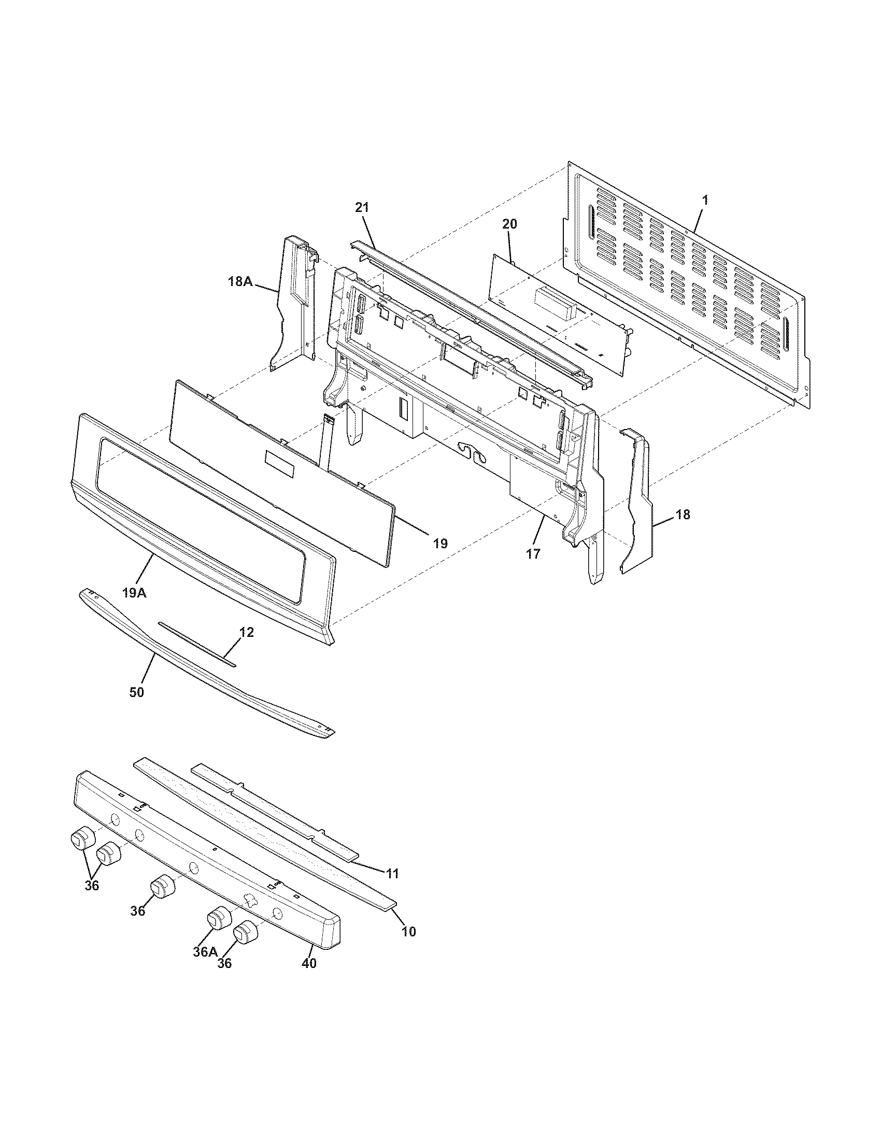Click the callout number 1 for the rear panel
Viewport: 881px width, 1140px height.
tap(705, 200)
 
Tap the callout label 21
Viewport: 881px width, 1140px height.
tap(362, 207)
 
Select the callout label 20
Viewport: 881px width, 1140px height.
tap(509, 224)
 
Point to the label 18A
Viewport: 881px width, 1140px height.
tap(240, 282)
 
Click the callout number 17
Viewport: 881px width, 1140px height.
tap(533, 554)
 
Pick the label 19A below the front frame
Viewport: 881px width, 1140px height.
tap(134, 593)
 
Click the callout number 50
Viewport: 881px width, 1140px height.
tap(137, 692)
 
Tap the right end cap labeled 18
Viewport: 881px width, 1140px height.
tap(638, 501)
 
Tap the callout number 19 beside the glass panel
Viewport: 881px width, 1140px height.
tap(439, 544)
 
